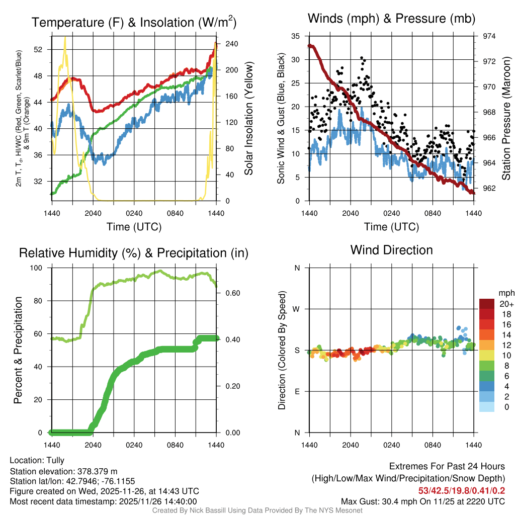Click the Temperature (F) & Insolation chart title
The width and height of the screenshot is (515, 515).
tap(134, 23)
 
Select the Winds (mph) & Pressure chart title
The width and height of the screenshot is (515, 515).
tap(391, 19)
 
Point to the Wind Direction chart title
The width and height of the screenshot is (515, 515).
tap(391, 250)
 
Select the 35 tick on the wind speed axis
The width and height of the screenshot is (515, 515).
tap(296, 36)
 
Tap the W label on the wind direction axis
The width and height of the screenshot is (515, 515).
tap(297, 309)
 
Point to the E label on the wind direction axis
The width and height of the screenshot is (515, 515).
tap(297, 391)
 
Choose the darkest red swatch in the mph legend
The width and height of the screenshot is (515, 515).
tap(487, 303)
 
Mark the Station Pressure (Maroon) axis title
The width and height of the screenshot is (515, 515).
tap(506, 118)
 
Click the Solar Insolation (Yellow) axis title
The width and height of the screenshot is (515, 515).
tap(248, 118)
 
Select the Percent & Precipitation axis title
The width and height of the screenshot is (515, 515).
tap(18, 350)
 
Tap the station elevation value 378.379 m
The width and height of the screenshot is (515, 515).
tap(97, 471)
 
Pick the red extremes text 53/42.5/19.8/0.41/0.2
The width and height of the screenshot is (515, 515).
tap(462, 490)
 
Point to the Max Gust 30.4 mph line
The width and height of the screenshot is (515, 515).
tap(423, 501)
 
